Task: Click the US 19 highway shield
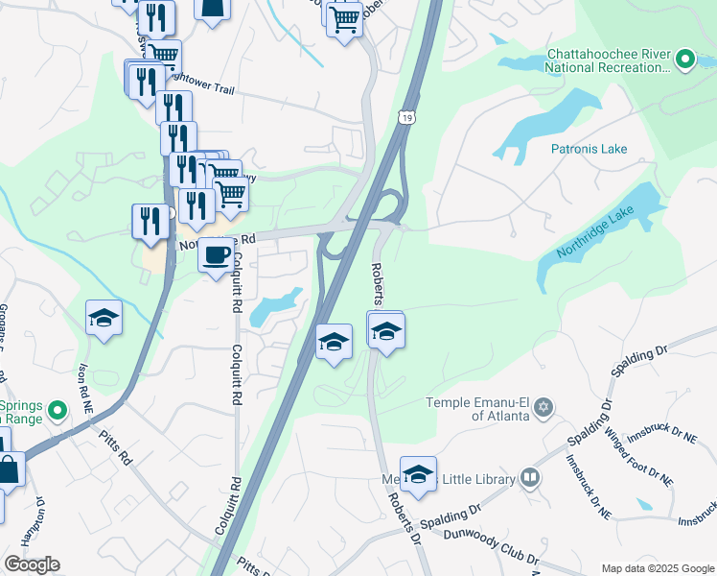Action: click(407, 117)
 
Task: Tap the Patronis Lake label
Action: click(589, 149)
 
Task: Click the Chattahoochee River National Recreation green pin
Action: click(684, 60)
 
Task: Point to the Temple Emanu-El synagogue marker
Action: click(544, 408)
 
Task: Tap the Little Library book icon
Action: click(529, 478)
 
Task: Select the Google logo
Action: click(32, 564)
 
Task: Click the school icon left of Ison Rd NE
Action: click(104, 317)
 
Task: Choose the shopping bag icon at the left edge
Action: click(9, 471)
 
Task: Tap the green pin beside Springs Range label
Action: click(57, 412)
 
